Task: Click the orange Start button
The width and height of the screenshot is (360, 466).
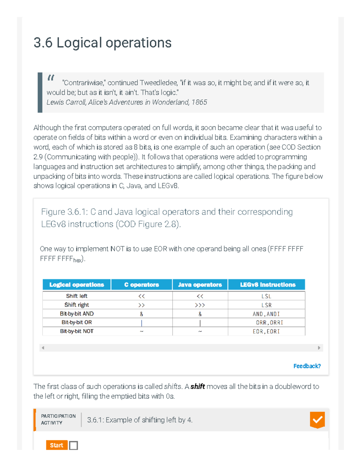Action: tap(57, 445)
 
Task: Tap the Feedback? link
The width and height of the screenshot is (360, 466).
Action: tap(307, 366)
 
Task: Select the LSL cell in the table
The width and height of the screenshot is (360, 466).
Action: tap(266, 296)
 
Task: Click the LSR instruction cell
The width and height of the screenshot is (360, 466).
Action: tap(266, 305)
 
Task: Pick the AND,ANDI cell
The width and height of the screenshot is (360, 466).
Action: tap(266, 314)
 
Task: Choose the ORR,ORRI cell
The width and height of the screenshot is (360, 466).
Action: tap(269, 323)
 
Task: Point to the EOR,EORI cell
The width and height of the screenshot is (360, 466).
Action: tap(266, 331)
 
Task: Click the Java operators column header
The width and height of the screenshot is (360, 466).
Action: tap(200, 284)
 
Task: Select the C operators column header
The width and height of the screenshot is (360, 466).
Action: tap(142, 284)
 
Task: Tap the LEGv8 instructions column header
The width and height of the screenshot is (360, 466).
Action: tap(267, 284)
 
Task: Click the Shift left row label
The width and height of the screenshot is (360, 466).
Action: tap(76, 296)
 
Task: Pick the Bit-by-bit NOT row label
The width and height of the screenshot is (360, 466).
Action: tap(76, 331)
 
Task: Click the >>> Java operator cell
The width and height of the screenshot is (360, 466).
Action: tap(200, 305)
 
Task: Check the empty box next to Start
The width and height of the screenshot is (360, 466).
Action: tap(73, 445)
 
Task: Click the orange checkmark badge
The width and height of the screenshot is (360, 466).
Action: tap(317, 419)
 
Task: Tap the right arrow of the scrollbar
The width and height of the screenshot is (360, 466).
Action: tap(319, 348)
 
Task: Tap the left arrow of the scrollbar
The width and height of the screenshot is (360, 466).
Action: tap(43, 348)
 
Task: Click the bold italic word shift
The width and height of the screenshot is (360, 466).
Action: tap(197, 386)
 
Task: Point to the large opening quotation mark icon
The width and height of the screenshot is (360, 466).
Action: tap(51, 78)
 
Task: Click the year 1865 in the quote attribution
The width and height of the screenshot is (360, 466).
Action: tap(199, 102)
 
